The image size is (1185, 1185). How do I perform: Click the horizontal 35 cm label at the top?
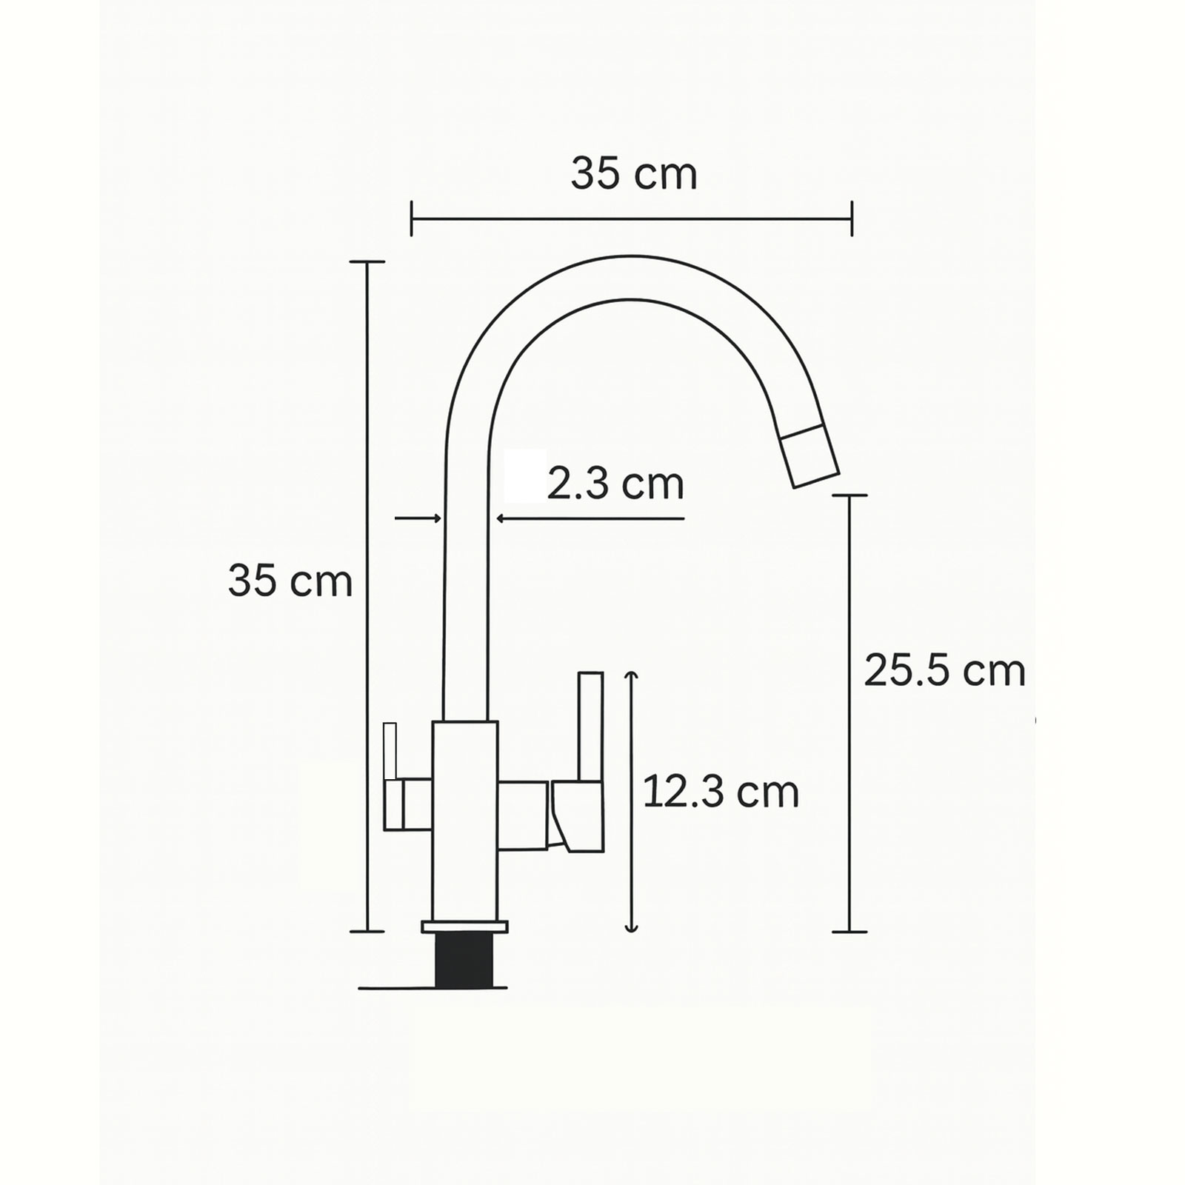click(x=634, y=175)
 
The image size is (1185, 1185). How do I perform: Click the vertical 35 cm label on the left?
click(x=290, y=581)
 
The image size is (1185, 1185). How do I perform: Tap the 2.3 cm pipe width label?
click(x=615, y=484)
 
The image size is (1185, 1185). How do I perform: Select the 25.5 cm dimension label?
click(x=945, y=672)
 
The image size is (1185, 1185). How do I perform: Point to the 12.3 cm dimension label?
click(x=721, y=792)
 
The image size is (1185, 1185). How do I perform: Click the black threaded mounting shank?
click(x=464, y=960)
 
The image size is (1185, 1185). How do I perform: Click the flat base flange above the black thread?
click(x=465, y=927)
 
